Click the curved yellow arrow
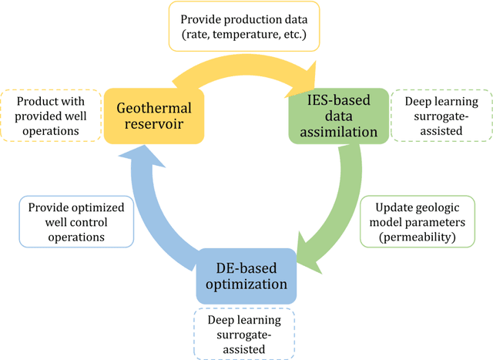(246, 69)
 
